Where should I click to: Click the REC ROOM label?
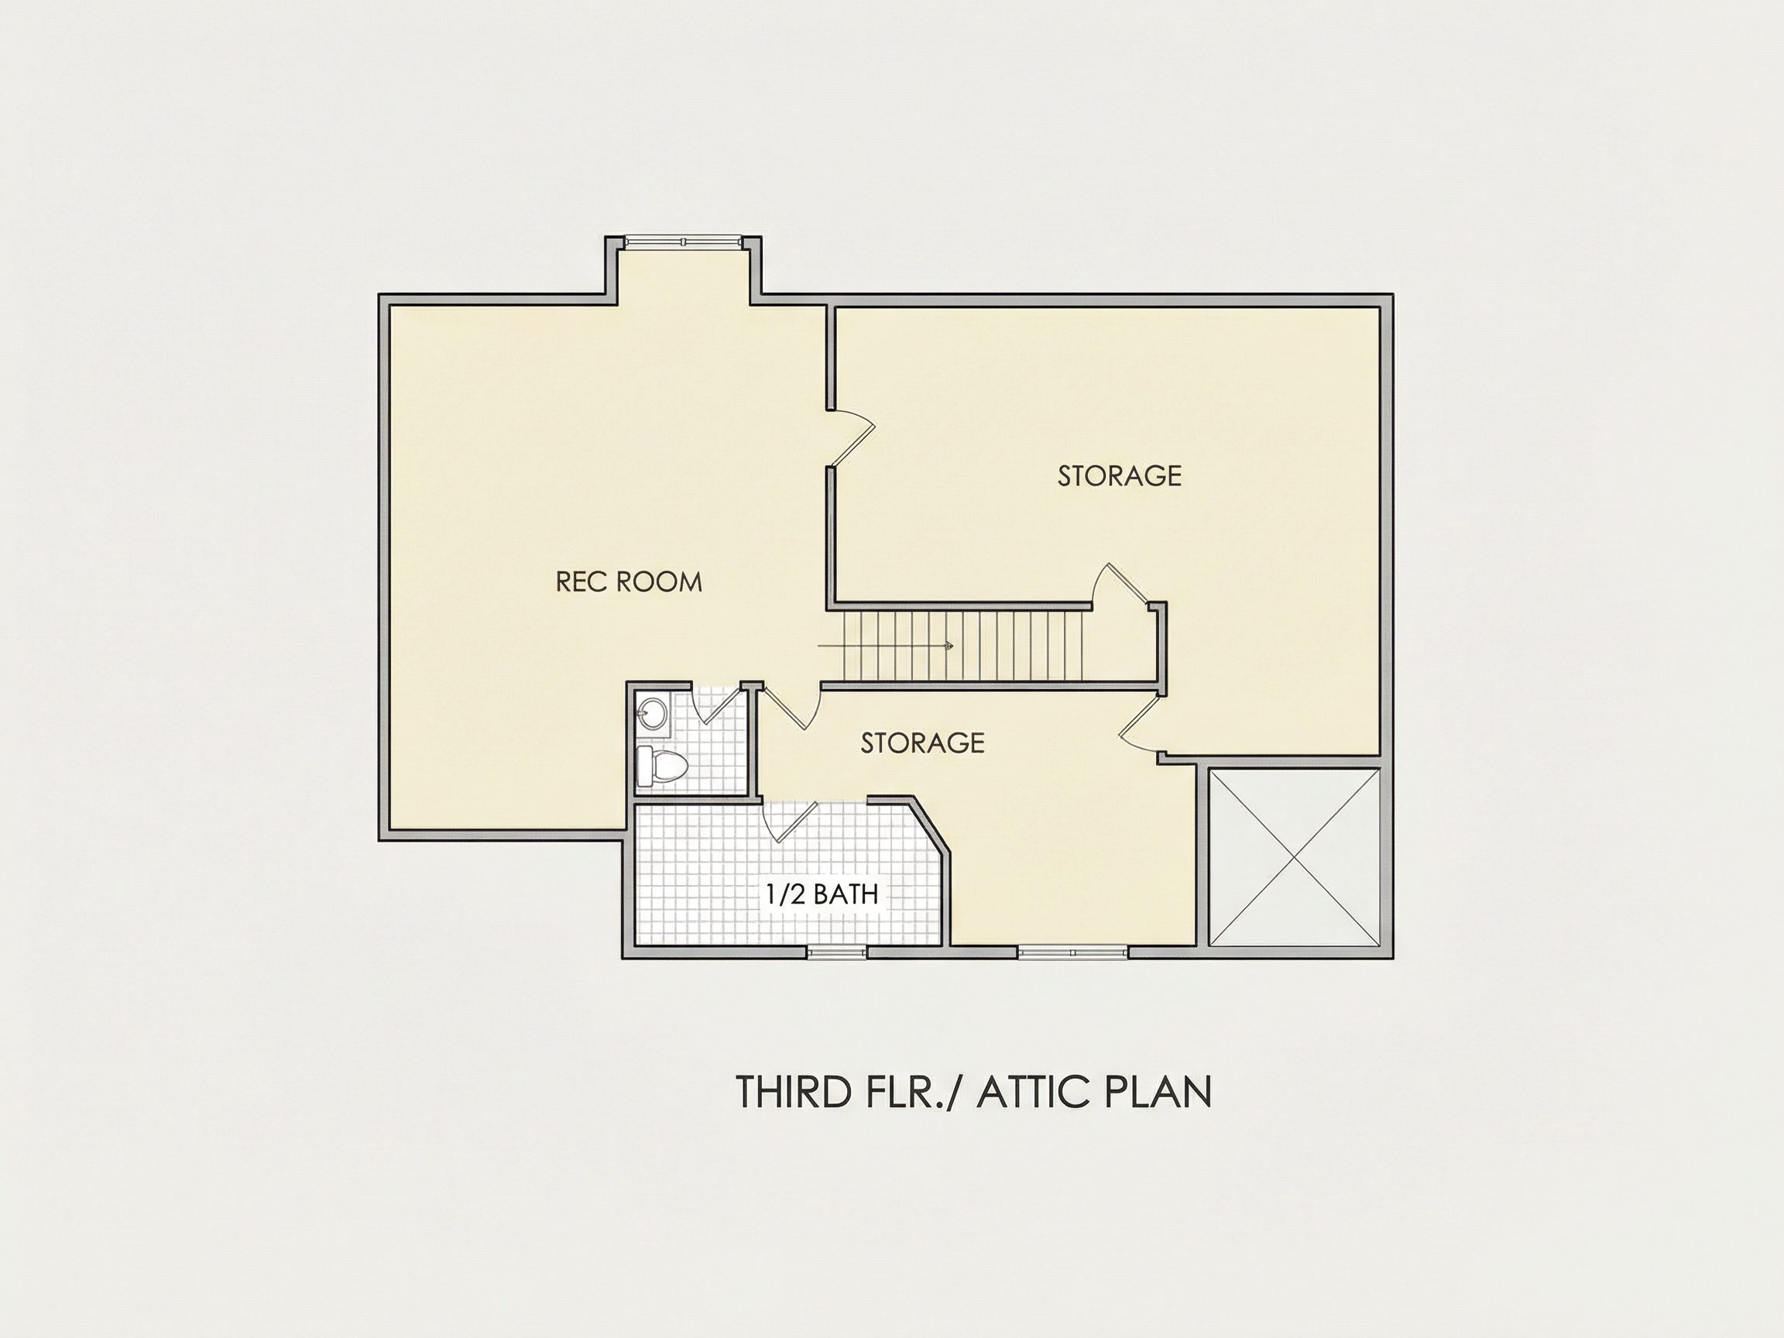pyautogui.click(x=629, y=582)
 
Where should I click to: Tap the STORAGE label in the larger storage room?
pyautogui.click(x=1120, y=476)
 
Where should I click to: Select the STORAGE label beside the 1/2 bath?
pyautogui.click(x=923, y=743)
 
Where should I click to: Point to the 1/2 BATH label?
pyautogui.click(x=822, y=894)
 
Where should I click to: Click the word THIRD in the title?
pyautogui.click(x=794, y=1092)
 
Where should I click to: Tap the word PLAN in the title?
pyautogui.click(x=1158, y=1092)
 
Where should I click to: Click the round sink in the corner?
pyautogui.click(x=652, y=713)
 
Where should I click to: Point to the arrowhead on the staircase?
pyautogui.click(x=949, y=645)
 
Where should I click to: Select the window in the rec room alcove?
pyautogui.click(x=682, y=241)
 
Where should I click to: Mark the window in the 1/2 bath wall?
pyautogui.click(x=836, y=952)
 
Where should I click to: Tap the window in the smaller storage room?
pyautogui.click(x=1072, y=952)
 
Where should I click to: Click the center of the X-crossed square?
pyautogui.click(x=1295, y=856)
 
